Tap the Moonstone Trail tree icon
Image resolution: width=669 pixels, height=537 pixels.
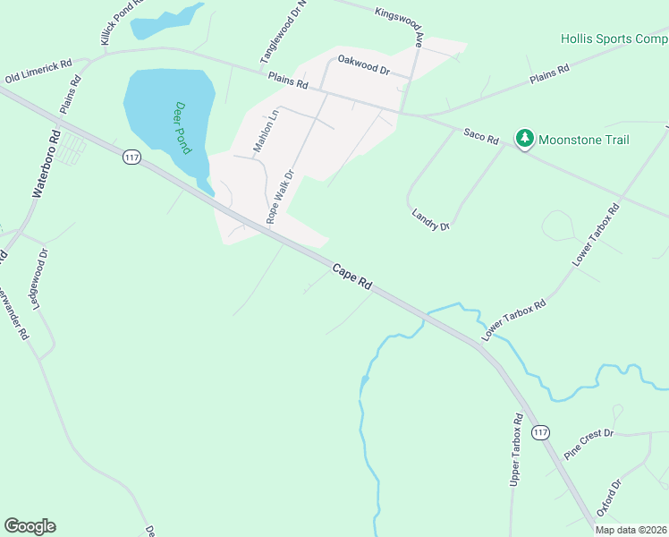(x=524, y=139)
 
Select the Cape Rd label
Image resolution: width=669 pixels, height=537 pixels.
(x=352, y=276)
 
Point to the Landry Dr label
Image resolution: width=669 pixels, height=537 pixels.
(x=430, y=220)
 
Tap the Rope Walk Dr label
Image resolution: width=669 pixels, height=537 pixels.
(x=279, y=198)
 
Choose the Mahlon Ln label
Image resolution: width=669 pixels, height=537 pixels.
(x=266, y=131)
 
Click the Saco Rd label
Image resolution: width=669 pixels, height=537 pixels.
(x=480, y=135)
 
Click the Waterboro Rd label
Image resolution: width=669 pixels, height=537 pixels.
(x=45, y=164)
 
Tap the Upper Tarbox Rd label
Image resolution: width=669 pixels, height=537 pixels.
(x=516, y=450)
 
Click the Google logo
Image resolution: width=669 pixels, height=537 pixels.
(x=30, y=526)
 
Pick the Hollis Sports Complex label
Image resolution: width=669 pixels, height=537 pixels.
(x=614, y=39)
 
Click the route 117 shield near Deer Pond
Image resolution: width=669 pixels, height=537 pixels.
(x=132, y=158)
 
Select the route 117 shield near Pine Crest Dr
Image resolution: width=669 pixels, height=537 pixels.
(x=539, y=433)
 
